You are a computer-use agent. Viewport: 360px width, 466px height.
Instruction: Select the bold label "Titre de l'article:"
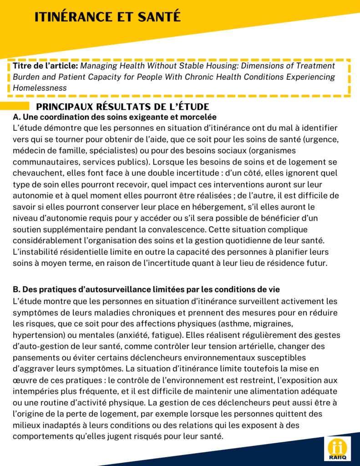46,66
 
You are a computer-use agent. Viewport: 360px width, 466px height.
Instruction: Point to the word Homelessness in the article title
40,88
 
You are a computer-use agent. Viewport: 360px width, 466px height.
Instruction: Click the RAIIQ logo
337,448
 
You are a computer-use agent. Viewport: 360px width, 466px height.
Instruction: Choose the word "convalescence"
177,229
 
